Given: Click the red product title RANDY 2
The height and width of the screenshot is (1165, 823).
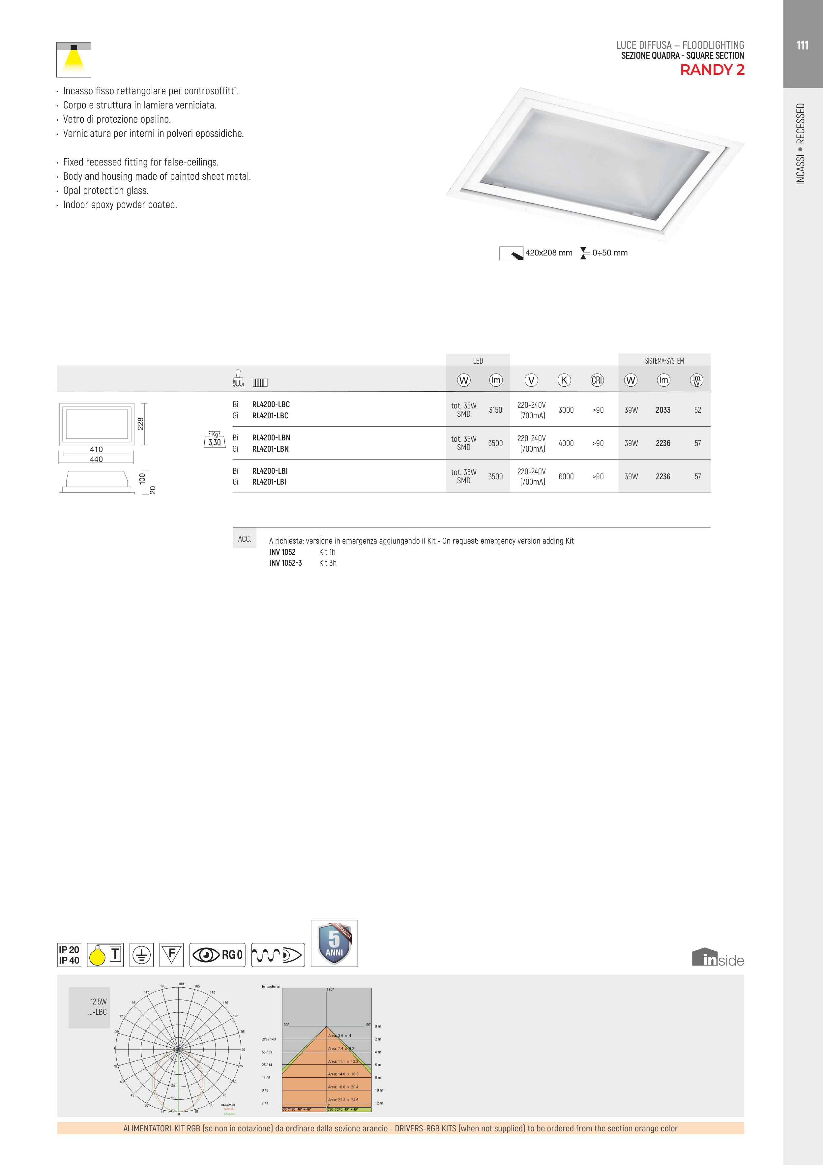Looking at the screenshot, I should click(x=712, y=70).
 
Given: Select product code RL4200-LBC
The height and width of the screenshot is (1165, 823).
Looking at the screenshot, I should click(x=271, y=404).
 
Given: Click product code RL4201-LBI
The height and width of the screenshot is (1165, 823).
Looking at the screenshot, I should click(x=269, y=482).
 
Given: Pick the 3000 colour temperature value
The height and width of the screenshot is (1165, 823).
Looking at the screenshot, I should click(x=566, y=410).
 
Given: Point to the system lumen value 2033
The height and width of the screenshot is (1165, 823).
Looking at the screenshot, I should click(x=663, y=410).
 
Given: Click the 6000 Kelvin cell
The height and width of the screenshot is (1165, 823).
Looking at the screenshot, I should click(x=566, y=476).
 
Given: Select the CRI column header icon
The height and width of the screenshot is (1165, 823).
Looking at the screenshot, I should click(x=597, y=380).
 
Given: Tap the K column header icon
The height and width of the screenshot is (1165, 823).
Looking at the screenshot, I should click(x=564, y=380).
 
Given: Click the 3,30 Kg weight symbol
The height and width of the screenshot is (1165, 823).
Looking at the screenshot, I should click(x=215, y=440).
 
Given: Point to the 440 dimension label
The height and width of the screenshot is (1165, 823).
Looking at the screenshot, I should click(x=96, y=459).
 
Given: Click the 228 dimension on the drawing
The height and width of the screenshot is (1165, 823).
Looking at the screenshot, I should click(x=140, y=424).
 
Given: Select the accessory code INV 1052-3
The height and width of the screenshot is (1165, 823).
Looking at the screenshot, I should click(x=285, y=563).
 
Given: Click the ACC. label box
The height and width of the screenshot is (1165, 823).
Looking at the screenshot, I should click(x=245, y=539).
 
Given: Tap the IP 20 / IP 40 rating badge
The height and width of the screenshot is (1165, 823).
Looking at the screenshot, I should click(x=69, y=955).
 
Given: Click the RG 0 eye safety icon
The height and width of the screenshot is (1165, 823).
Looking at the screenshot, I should click(x=217, y=955).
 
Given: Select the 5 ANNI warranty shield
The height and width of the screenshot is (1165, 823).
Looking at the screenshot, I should click(x=334, y=943).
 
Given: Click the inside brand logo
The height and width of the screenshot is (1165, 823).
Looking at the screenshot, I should click(x=718, y=957).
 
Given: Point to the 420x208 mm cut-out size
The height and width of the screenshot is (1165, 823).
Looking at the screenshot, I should click(x=548, y=253).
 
